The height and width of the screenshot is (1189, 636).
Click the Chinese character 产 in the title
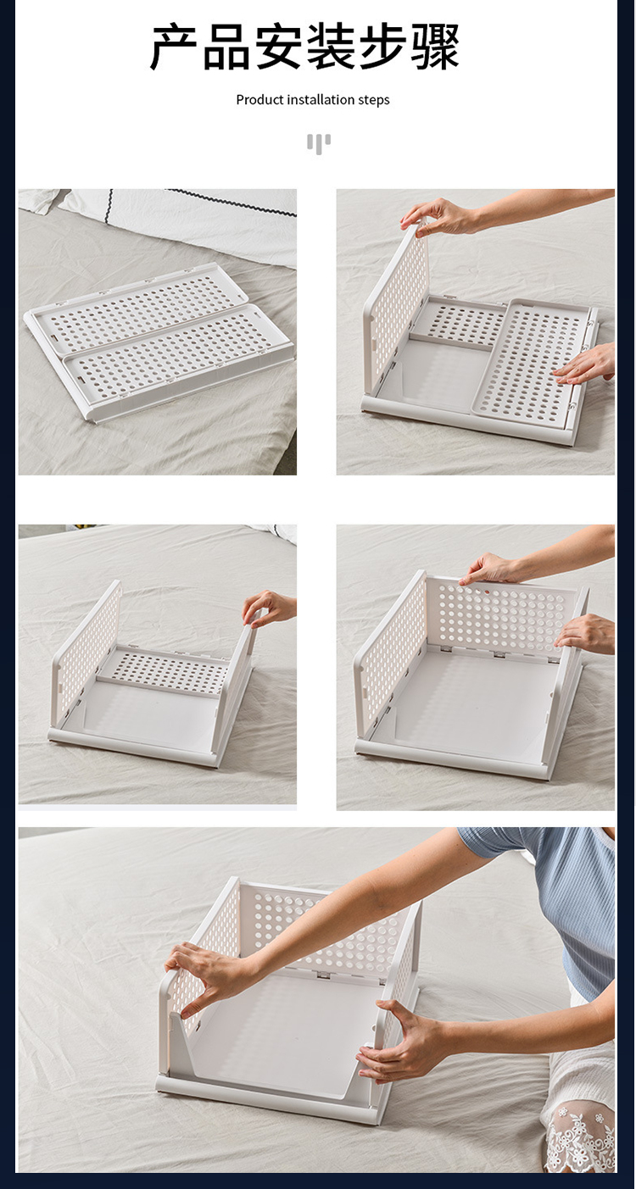[175, 47]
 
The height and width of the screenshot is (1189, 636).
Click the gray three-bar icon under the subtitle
[318, 143]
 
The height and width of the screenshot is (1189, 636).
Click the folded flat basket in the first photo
[159, 340]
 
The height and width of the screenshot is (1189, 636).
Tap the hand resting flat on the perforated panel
[584, 364]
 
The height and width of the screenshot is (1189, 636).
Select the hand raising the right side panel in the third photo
[268, 608]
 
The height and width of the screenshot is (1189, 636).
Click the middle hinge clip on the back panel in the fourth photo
[499, 654]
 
